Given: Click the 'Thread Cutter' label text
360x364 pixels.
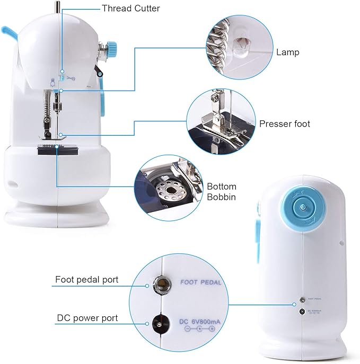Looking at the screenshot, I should pos(130,8).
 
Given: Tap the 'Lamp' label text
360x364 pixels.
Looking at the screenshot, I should pos(287,52).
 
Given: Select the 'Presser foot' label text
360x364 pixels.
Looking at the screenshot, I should pos(285,123).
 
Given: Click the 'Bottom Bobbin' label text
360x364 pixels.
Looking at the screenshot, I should pos(221,192).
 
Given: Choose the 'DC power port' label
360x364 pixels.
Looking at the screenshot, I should pos(87,318).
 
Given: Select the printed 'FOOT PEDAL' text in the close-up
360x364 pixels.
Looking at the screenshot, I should pos(200,282).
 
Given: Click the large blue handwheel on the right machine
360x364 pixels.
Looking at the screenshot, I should pos(301,208).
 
